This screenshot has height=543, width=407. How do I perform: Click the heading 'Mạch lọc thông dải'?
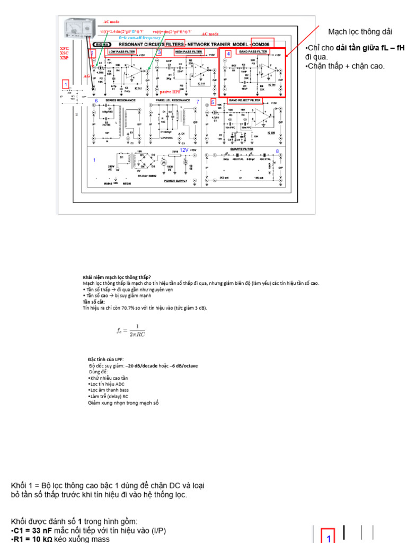[360, 32]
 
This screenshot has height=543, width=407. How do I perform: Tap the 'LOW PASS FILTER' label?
[121, 52]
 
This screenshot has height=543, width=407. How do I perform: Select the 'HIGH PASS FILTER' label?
[188, 52]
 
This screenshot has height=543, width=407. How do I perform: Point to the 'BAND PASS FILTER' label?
[251, 52]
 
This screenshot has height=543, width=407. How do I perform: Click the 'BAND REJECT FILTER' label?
[244, 100]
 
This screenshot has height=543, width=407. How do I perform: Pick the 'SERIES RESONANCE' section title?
[120, 100]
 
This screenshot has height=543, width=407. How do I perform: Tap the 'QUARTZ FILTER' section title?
[243, 150]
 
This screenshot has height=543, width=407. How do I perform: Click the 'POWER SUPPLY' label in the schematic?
[176, 181]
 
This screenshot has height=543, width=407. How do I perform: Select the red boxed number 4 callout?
[228, 54]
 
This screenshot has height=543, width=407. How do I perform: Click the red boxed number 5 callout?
[213, 102]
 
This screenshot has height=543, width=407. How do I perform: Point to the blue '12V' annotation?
[184, 150]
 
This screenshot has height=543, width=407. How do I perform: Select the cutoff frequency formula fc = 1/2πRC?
[131, 330]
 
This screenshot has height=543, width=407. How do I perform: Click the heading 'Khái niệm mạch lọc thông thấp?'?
[117, 277]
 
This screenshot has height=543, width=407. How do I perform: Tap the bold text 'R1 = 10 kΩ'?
[33, 539]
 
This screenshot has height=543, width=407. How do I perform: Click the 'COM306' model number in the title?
[264, 45]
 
